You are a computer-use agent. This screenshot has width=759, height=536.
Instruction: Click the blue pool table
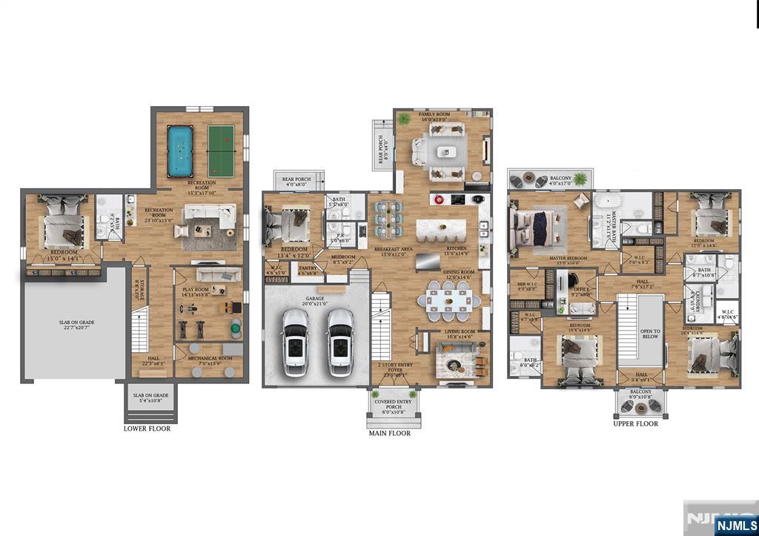(x=179, y=151)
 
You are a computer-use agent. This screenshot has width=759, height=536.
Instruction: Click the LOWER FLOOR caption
(x=147, y=429)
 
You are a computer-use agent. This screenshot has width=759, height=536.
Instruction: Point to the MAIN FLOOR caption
(x=389, y=433)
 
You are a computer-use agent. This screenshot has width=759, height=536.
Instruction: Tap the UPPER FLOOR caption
(x=635, y=424)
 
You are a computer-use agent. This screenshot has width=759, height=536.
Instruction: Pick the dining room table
(x=449, y=301)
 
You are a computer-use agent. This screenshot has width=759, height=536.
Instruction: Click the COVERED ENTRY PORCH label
(x=394, y=406)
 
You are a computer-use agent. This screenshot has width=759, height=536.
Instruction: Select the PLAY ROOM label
(x=198, y=291)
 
